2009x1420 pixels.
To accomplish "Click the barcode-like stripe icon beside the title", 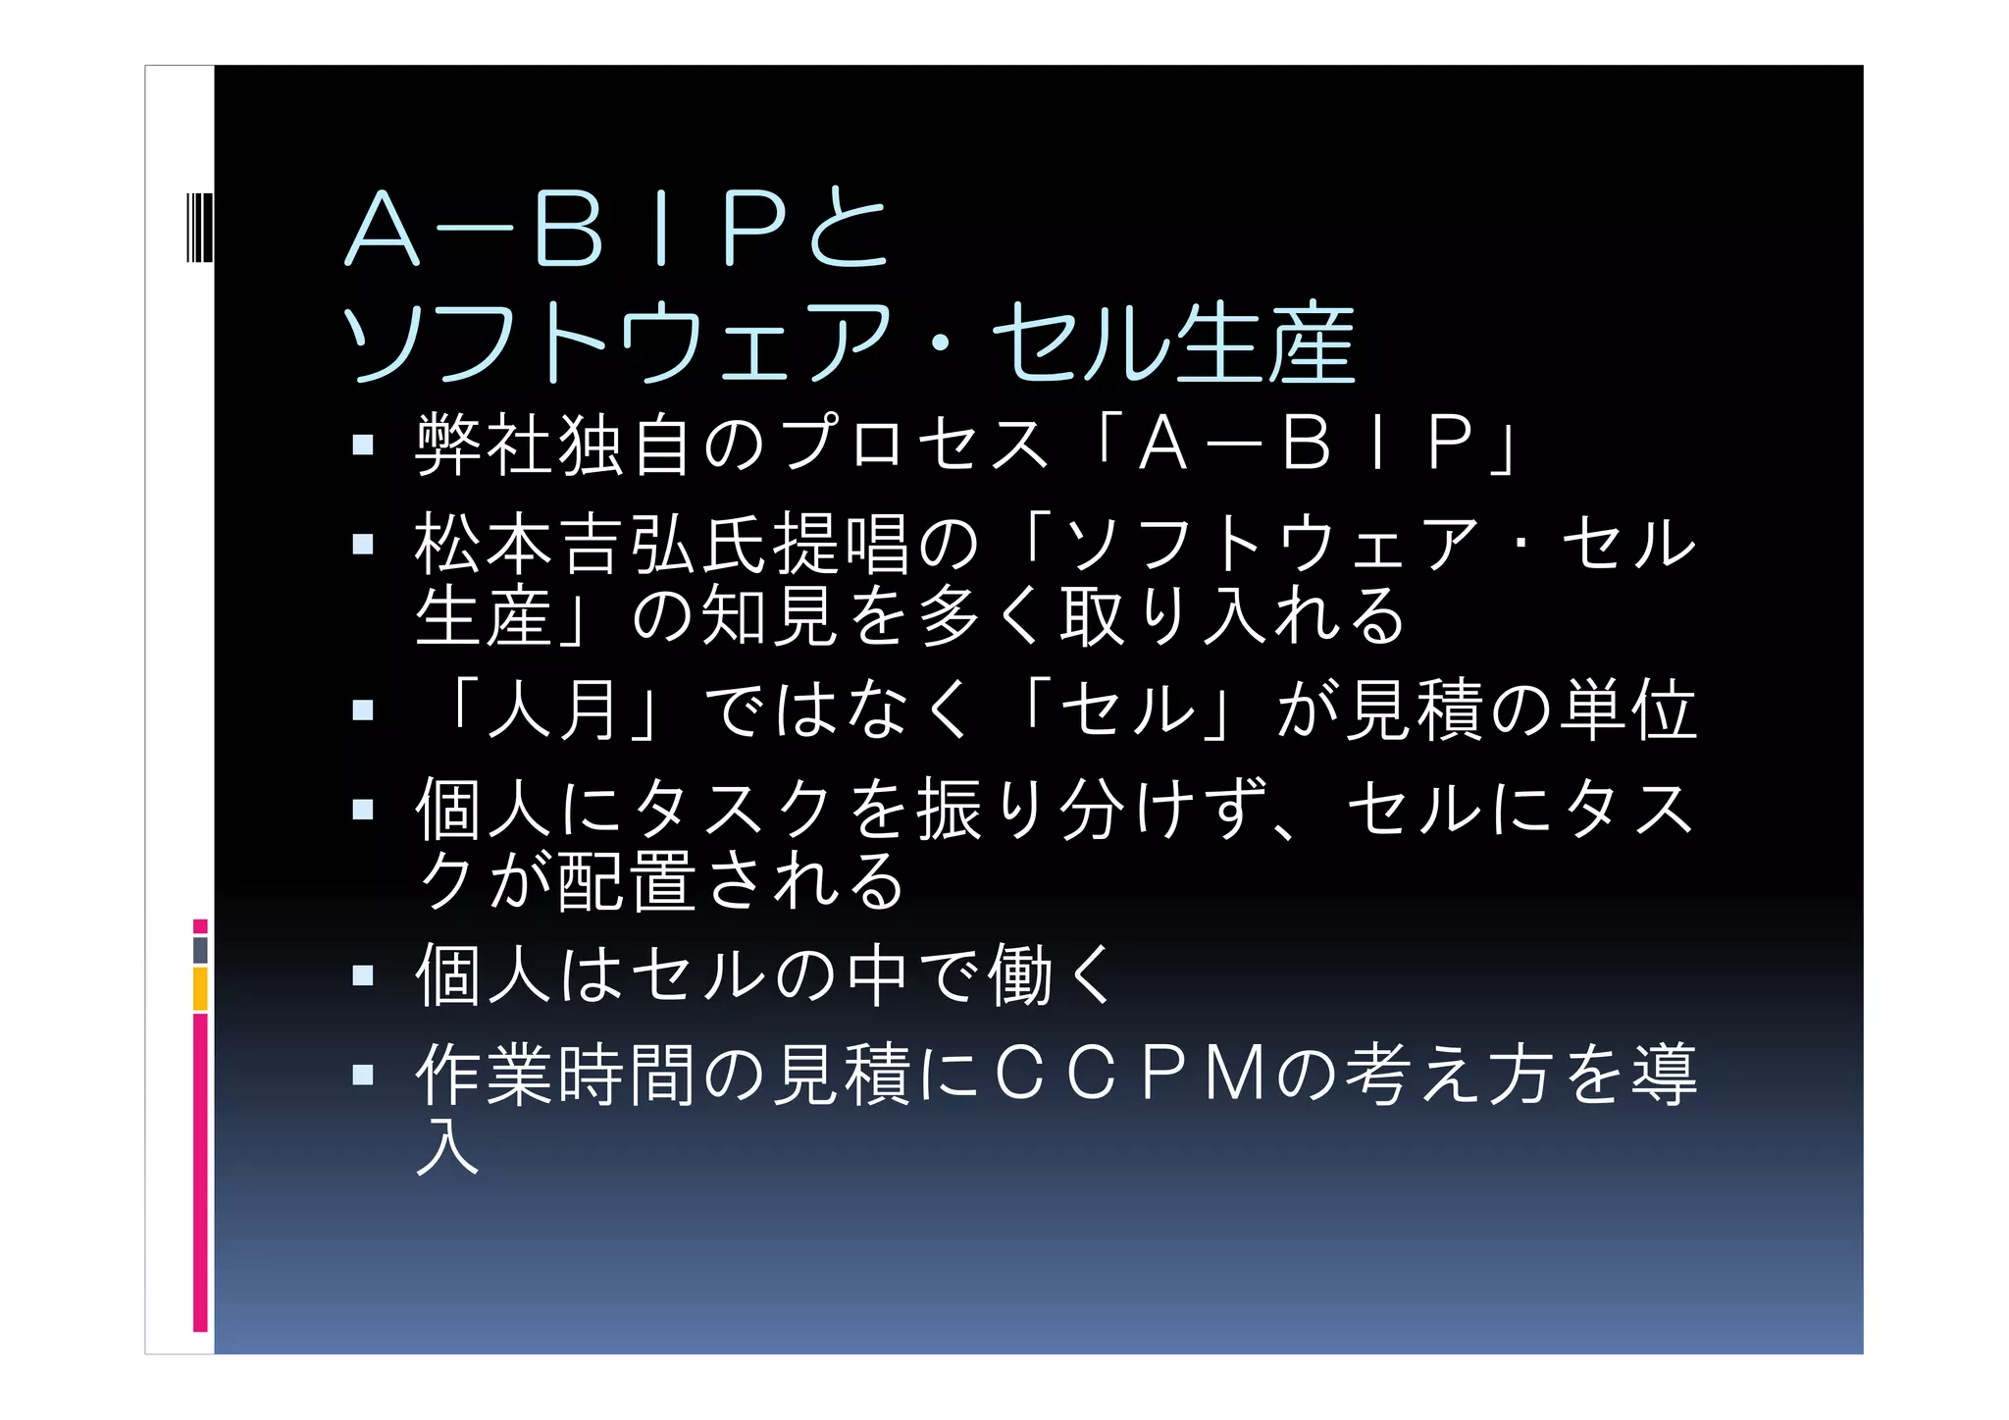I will pyautogui.click(x=199, y=228).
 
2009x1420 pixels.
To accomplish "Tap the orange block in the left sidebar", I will pyautogui.click(x=200, y=988).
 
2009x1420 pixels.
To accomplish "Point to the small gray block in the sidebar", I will pyautogui.click(x=200, y=950).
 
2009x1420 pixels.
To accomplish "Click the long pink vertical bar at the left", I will pyautogui.click(x=200, y=1173).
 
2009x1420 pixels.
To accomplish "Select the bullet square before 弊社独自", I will pyautogui.click(x=363, y=446).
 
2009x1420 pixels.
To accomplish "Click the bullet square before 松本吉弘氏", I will pyautogui.click(x=363, y=544).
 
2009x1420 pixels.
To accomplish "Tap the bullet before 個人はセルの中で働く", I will pyautogui.click(x=363, y=975).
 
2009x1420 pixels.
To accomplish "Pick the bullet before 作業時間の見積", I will pyautogui.click(x=363, y=1075).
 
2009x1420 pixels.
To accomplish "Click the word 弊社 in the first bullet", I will pyautogui.click(x=486, y=445).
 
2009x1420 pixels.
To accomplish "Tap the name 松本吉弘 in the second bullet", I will pyautogui.click(x=556, y=544).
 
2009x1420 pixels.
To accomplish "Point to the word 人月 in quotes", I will pyautogui.click(x=556, y=710).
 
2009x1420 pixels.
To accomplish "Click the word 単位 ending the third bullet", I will pyautogui.click(x=1628, y=710).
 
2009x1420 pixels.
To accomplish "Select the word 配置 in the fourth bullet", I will pyautogui.click(x=628, y=880).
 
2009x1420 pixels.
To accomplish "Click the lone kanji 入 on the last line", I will pyautogui.click(x=448, y=1145).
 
